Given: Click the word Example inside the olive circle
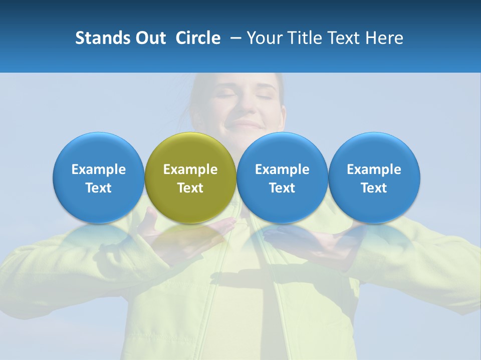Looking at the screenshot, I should (x=190, y=169).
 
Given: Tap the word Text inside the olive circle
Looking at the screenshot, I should (x=190, y=188).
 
